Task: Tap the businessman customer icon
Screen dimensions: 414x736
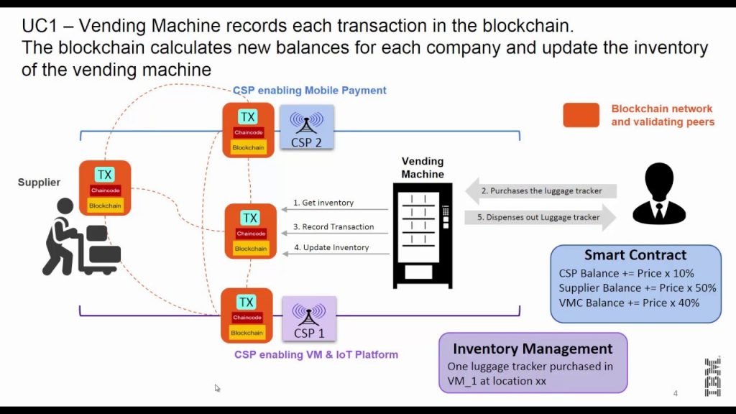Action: tap(658, 194)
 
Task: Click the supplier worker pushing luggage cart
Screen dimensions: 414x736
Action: tap(80, 237)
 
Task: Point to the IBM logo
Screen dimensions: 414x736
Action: tap(712, 376)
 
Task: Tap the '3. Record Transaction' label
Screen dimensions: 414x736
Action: tap(333, 226)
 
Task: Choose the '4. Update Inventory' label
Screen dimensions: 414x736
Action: tap(331, 247)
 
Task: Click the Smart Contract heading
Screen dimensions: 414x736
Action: tap(635, 255)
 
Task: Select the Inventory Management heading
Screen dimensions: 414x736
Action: tap(533, 349)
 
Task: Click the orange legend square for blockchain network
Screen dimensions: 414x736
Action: tap(581, 115)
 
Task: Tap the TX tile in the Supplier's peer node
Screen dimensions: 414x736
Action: tap(105, 174)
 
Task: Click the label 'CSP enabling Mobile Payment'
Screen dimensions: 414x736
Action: tap(309, 91)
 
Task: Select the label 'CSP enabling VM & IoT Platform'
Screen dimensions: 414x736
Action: tap(316, 354)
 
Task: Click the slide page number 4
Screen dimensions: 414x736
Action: tap(675, 393)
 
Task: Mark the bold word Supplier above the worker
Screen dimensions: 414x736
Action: tap(39, 183)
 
